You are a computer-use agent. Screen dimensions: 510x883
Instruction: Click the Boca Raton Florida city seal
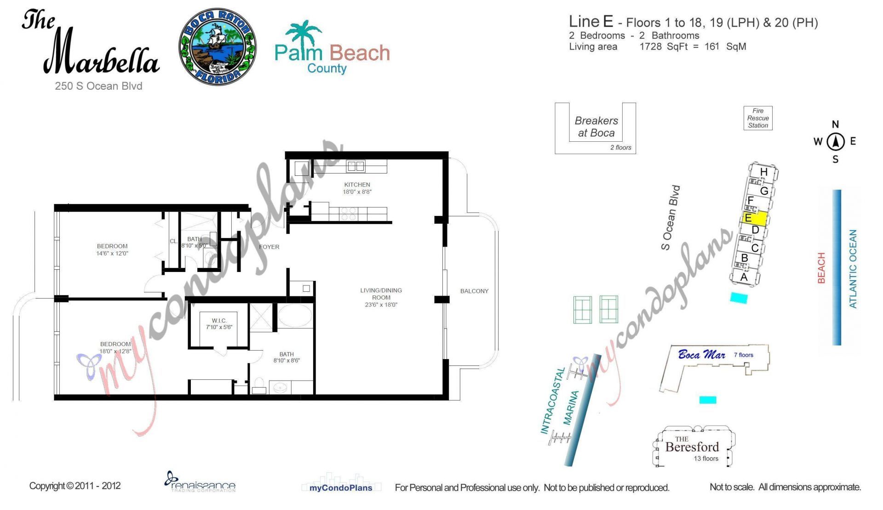[218, 46]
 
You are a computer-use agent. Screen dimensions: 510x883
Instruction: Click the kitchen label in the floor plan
[357, 188]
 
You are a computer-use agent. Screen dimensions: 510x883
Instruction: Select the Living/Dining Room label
[381, 297]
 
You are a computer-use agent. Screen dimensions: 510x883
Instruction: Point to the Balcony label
[474, 291]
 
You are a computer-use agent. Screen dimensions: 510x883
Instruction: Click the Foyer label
[269, 247]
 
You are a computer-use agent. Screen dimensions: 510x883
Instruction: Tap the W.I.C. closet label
[219, 324]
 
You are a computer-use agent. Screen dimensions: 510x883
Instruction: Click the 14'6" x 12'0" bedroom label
[112, 249]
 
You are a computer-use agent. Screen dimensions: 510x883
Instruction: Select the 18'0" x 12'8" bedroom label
[115, 348]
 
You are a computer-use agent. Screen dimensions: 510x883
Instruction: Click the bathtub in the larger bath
[295, 316]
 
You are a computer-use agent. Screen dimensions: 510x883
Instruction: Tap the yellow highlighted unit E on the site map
[755, 218]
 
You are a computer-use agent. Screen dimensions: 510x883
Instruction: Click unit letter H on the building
[763, 172]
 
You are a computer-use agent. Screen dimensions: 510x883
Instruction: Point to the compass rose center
[836, 141]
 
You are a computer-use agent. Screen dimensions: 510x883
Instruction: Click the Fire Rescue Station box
[758, 118]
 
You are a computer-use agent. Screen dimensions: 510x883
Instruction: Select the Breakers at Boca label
[596, 127]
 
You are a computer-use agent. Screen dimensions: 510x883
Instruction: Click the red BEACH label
[821, 268]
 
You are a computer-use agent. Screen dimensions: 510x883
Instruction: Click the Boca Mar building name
[701, 355]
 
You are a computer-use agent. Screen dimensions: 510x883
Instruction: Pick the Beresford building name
[692, 446]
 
